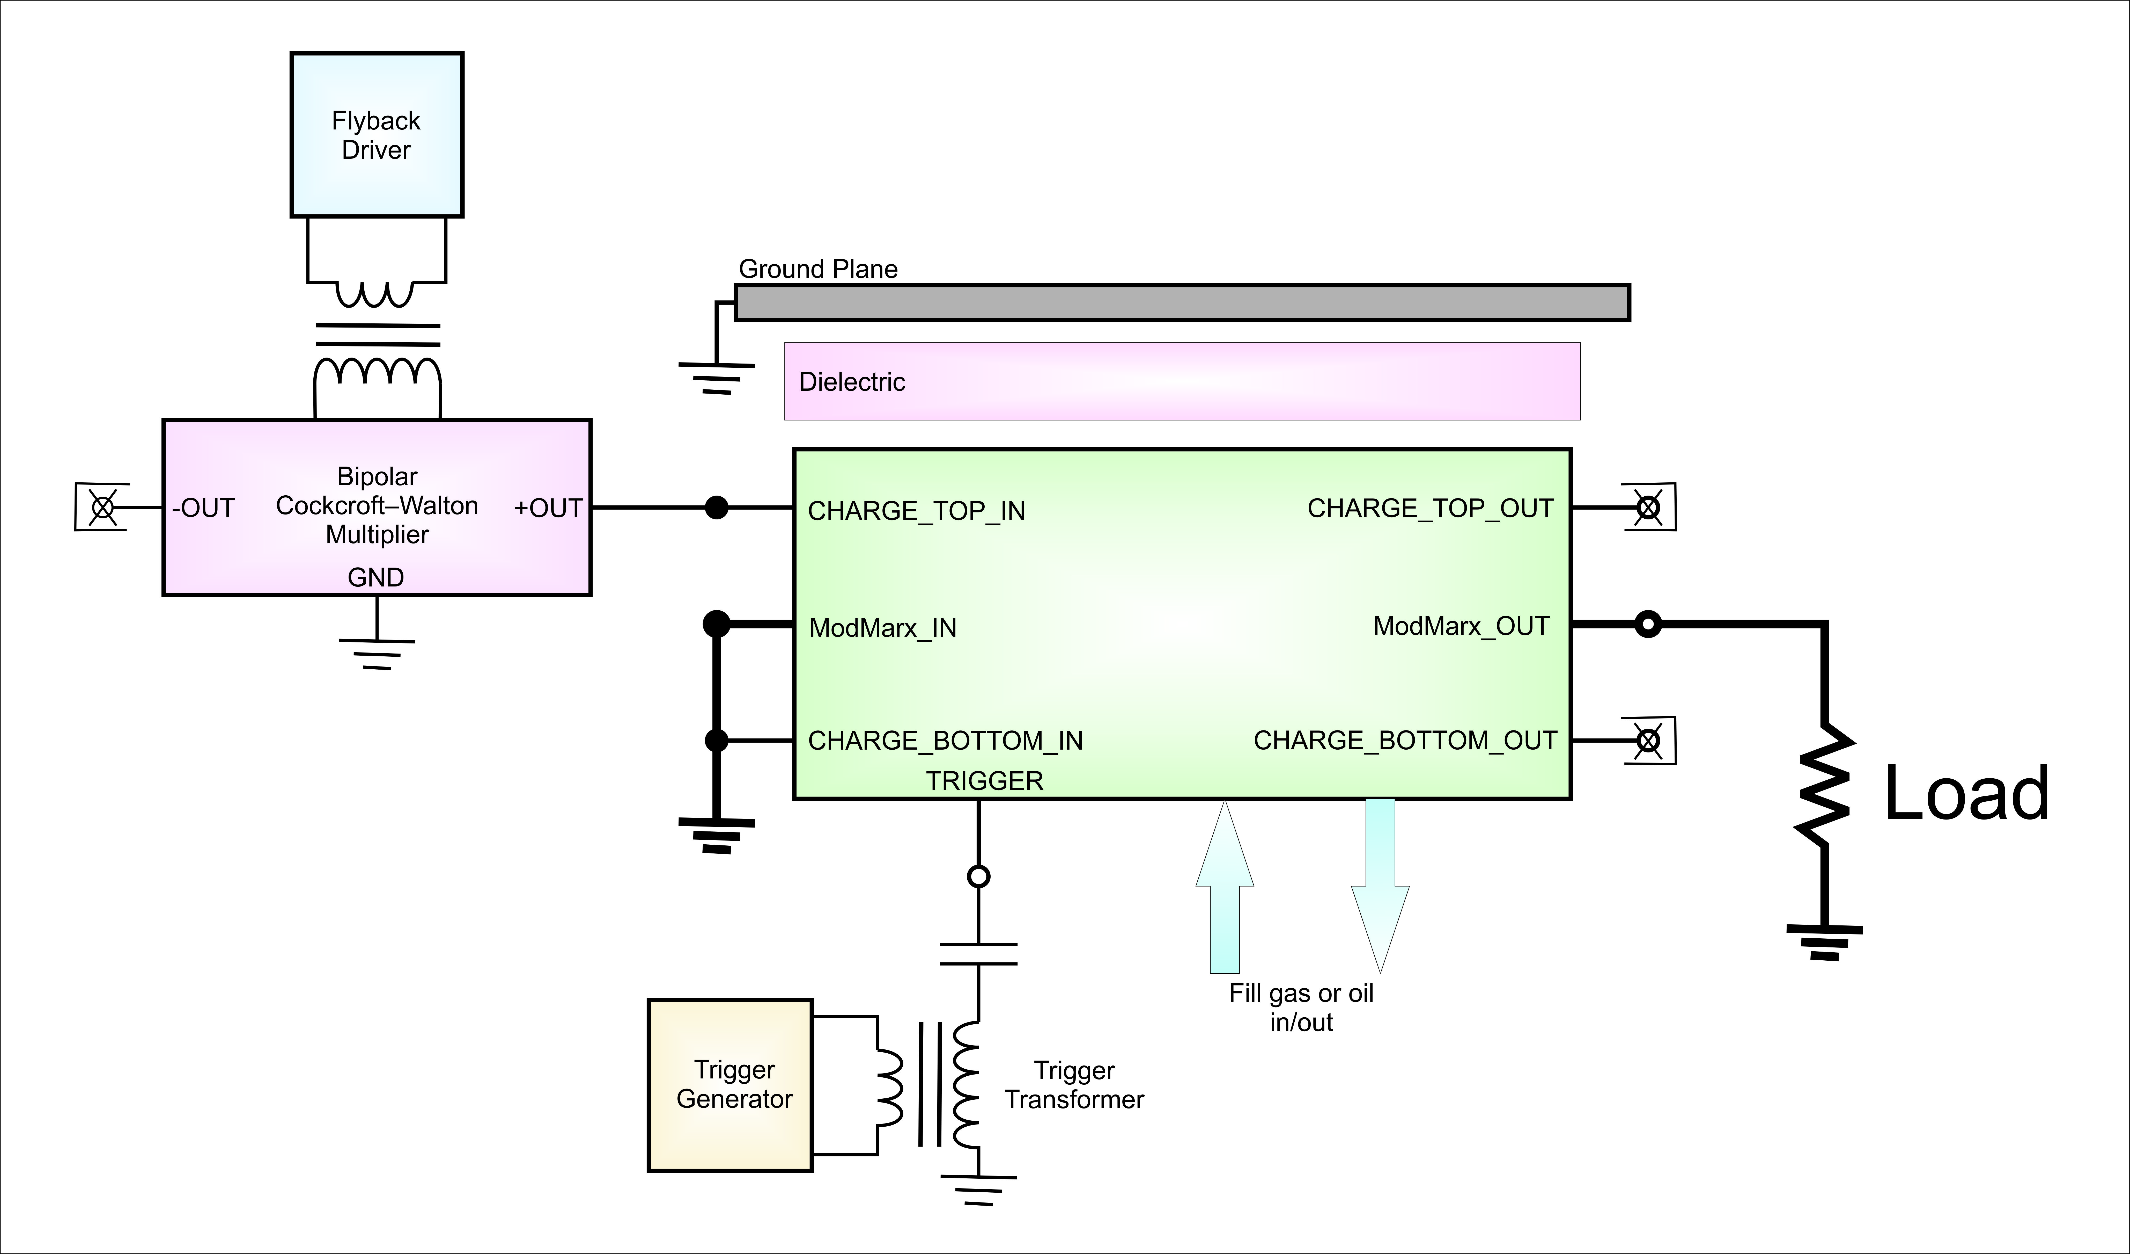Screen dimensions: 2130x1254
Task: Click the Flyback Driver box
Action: tap(377, 135)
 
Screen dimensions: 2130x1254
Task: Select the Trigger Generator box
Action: tap(730, 1085)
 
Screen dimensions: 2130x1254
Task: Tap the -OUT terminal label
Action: tap(203, 508)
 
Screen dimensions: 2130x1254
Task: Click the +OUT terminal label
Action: tap(549, 508)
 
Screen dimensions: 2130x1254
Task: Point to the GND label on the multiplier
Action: tap(376, 577)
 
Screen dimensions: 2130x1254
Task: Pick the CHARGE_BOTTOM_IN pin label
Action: tap(945, 741)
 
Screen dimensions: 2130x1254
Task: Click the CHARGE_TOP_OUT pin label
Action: tap(1430, 508)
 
